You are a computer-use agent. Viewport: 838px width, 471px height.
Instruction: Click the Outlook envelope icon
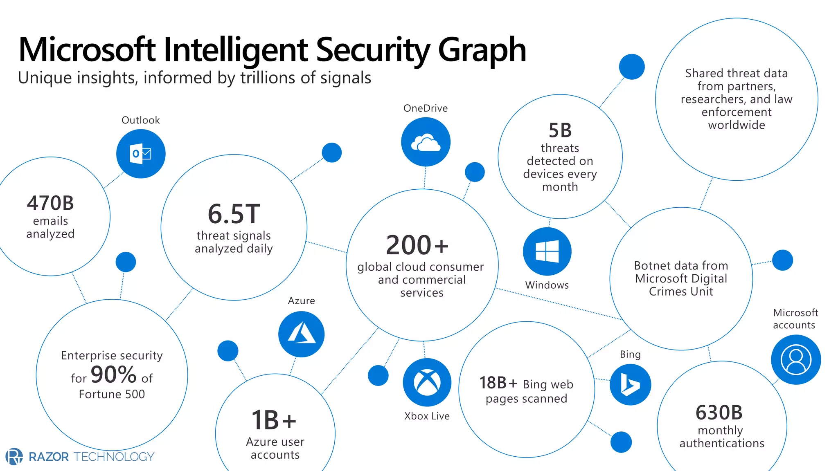point(141,154)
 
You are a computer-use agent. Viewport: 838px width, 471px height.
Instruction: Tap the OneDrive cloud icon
point(426,142)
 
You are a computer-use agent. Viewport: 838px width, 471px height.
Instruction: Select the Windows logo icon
point(547,251)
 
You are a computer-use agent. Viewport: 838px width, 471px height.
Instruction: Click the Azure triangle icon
point(302,334)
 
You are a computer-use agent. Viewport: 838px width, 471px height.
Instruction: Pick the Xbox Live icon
point(427,382)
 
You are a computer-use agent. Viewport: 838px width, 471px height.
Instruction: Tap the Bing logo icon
point(630,385)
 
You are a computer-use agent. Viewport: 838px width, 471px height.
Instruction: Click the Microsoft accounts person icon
point(796,360)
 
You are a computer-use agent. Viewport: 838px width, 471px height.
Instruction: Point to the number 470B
point(50,203)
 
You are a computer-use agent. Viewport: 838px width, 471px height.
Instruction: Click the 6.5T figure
point(234,214)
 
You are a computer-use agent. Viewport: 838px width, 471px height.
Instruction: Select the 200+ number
point(417,245)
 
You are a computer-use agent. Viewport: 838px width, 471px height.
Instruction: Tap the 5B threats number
point(560,130)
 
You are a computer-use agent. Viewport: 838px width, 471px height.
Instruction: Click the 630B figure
point(719,413)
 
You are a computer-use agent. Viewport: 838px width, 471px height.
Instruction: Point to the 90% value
point(113,375)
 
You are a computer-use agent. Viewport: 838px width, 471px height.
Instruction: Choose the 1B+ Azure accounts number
point(274,420)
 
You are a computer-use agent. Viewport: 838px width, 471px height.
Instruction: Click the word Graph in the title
point(482,50)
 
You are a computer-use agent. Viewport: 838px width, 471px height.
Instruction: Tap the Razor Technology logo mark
point(14,456)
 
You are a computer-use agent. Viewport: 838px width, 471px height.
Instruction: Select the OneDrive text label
point(426,108)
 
